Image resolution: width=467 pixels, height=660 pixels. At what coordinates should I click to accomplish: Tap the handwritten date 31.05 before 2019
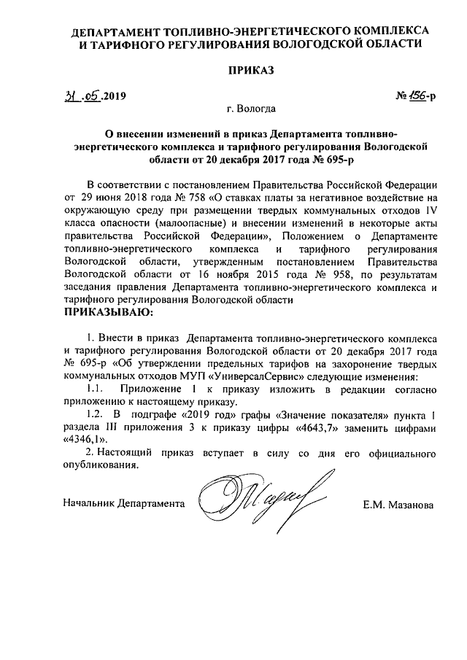(x=83, y=96)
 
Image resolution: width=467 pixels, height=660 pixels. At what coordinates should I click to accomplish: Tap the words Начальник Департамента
(x=123, y=504)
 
